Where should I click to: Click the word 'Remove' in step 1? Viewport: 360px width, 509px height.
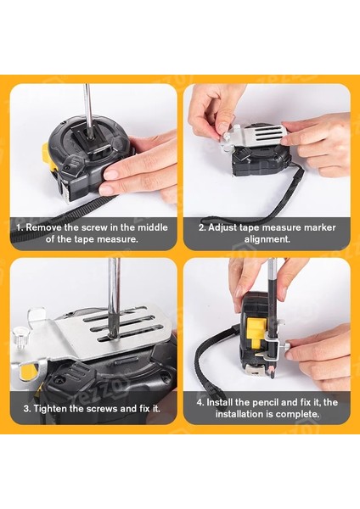[43, 227]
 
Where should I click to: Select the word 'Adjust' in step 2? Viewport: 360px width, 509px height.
[222, 228]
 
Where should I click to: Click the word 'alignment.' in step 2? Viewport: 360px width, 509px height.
[267, 239]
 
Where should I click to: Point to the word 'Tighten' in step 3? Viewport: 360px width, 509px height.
[49, 408]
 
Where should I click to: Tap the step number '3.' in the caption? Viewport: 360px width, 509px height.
[27, 408]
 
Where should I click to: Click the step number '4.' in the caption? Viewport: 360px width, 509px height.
[200, 402]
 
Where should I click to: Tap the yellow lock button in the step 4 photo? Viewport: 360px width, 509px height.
[255, 332]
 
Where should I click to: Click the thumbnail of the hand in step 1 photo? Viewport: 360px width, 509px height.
[111, 174]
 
